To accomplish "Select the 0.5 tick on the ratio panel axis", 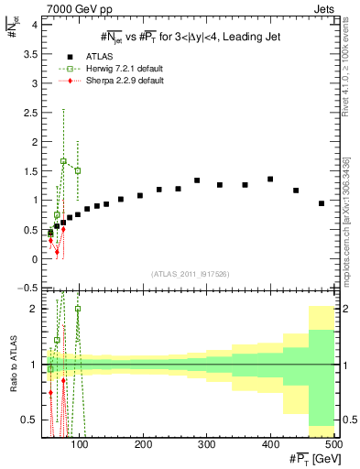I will click(x=33, y=420).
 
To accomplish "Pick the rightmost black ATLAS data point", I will click(x=322, y=203).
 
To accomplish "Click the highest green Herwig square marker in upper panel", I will click(x=63, y=161).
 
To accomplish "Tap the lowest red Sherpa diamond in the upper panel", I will click(x=57, y=252).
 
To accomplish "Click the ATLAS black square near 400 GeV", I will click(x=270, y=180).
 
